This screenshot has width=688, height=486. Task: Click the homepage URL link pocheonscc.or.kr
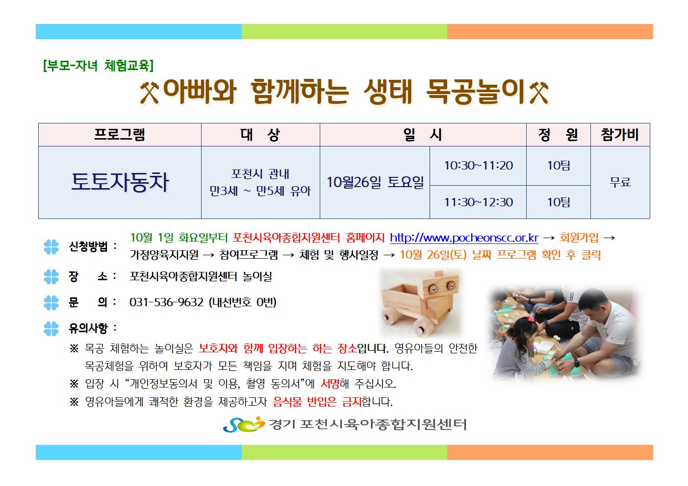464,238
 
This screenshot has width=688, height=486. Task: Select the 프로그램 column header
120,135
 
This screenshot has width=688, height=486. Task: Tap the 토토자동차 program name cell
120,183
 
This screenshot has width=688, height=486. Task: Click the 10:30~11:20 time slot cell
478,166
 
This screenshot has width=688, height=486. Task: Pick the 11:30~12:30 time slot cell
478,202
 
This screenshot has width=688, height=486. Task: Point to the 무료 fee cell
620,183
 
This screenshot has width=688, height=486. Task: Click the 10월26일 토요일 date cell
375,183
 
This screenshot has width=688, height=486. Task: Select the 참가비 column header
620,135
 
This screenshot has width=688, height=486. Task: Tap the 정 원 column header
559,135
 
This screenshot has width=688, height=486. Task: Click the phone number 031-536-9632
166,302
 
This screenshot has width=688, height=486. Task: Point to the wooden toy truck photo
421,303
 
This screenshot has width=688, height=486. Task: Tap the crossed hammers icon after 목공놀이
539,93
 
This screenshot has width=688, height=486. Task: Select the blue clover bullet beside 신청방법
51,247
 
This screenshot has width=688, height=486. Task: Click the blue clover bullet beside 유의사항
51,329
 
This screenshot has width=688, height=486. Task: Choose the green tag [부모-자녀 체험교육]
98,65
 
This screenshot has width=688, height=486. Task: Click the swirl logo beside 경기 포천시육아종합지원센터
244,424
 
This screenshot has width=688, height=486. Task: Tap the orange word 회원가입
579,238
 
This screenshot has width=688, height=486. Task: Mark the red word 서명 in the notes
330,384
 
